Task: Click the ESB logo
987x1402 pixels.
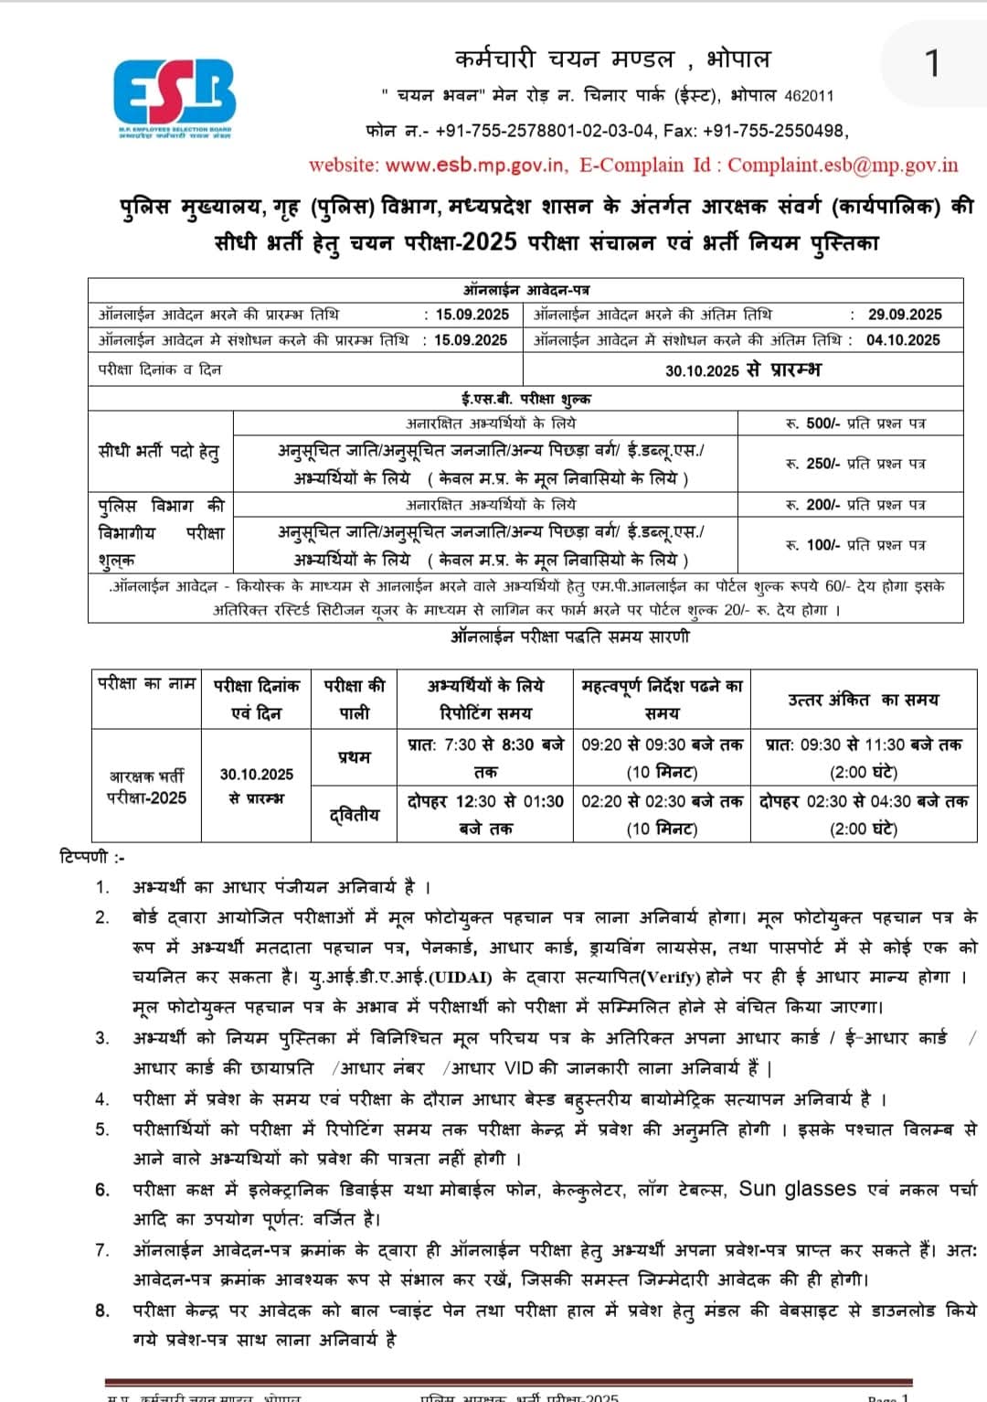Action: coord(174,96)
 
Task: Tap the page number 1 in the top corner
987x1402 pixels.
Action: coord(931,63)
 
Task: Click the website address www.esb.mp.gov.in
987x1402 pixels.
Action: coord(475,165)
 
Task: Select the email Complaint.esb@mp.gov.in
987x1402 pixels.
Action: coord(843,165)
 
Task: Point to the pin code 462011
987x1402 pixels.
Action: coord(809,95)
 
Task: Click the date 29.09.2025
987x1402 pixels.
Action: coord(904,314)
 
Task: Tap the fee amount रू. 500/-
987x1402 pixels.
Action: coord(812,423)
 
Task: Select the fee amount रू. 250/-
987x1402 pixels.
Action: coord(812,463)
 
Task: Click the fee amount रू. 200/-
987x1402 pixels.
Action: coord(812,504)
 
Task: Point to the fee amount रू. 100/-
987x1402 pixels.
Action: coord(812,544)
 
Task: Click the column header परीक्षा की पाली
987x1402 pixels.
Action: coord(355,699)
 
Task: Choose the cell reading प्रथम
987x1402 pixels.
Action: coord(355,756)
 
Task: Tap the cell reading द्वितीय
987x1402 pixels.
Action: coord(355,814)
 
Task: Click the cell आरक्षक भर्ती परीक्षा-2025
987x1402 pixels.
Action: coord(146,787)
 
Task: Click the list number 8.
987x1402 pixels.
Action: coord(102,1310)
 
